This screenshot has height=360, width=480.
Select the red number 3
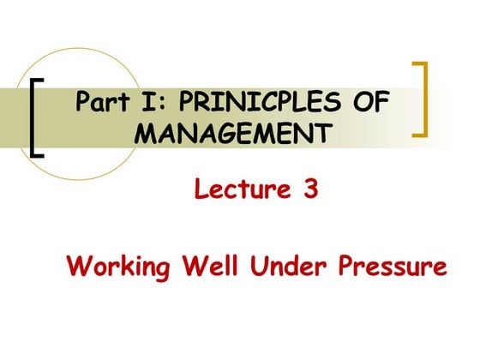tap(311, 189)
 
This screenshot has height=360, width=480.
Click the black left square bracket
tap(35, 116)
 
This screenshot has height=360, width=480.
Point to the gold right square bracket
tap(421, 99)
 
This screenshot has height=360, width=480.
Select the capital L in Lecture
tap(202, 189)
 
